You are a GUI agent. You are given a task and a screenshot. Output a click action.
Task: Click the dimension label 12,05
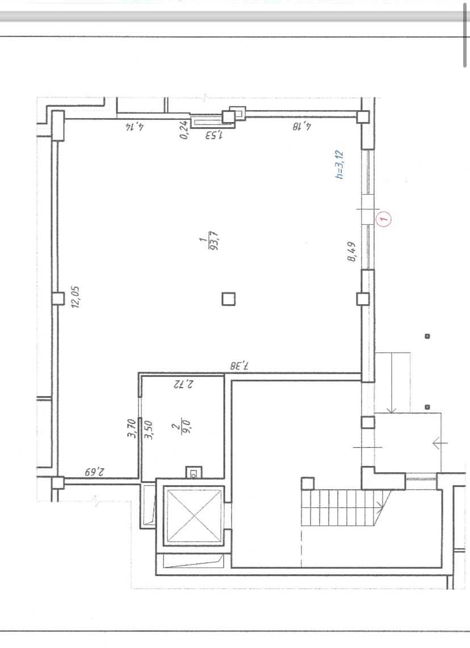coord(75,297)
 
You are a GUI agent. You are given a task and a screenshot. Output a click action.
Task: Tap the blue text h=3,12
coord(339,165)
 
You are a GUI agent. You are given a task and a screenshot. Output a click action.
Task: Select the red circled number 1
coord(384,218)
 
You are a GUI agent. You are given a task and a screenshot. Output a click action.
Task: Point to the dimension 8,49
coord(352,252)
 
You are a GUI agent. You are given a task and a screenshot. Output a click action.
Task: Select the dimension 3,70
coord(132,428)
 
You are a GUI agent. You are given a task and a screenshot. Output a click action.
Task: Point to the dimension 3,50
coord(149,430)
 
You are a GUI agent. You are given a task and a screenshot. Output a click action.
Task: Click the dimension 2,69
coord(95,472)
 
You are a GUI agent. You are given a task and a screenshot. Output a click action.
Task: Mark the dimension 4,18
coord(302,125)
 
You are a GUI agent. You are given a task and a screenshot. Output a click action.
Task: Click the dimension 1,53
coord(213,134)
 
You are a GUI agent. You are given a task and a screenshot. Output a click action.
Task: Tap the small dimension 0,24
coord(184,129)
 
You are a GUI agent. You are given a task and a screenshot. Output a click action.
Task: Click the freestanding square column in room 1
coord(229,299)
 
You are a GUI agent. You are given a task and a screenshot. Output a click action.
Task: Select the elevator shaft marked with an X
coord(194,515)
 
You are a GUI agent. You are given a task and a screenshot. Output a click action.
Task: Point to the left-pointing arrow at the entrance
coord(440,443)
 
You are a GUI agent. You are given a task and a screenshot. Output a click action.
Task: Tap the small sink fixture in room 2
coord(194,472)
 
